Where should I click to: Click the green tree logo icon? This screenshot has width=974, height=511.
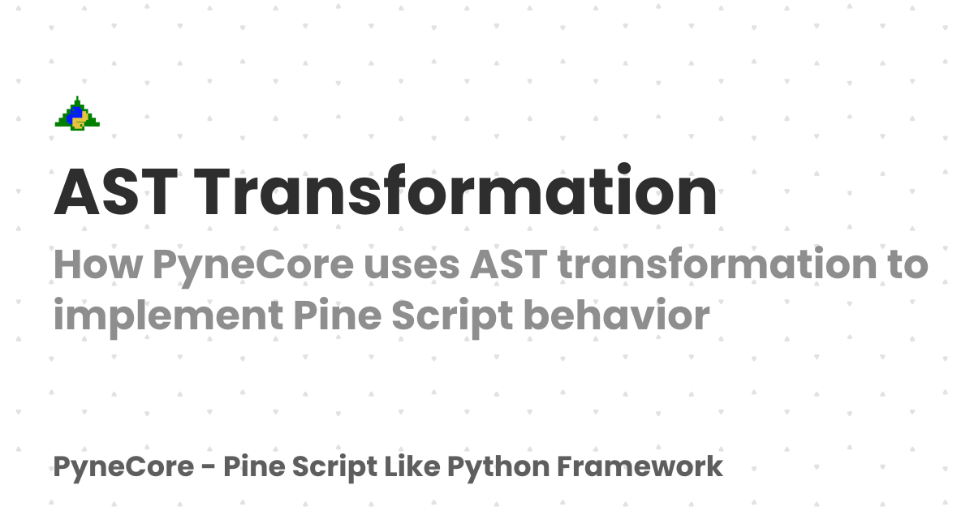pyautogui.click(x=77, y=114)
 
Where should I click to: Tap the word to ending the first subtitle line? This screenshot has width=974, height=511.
pyautogui.click(x=906, y=266)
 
